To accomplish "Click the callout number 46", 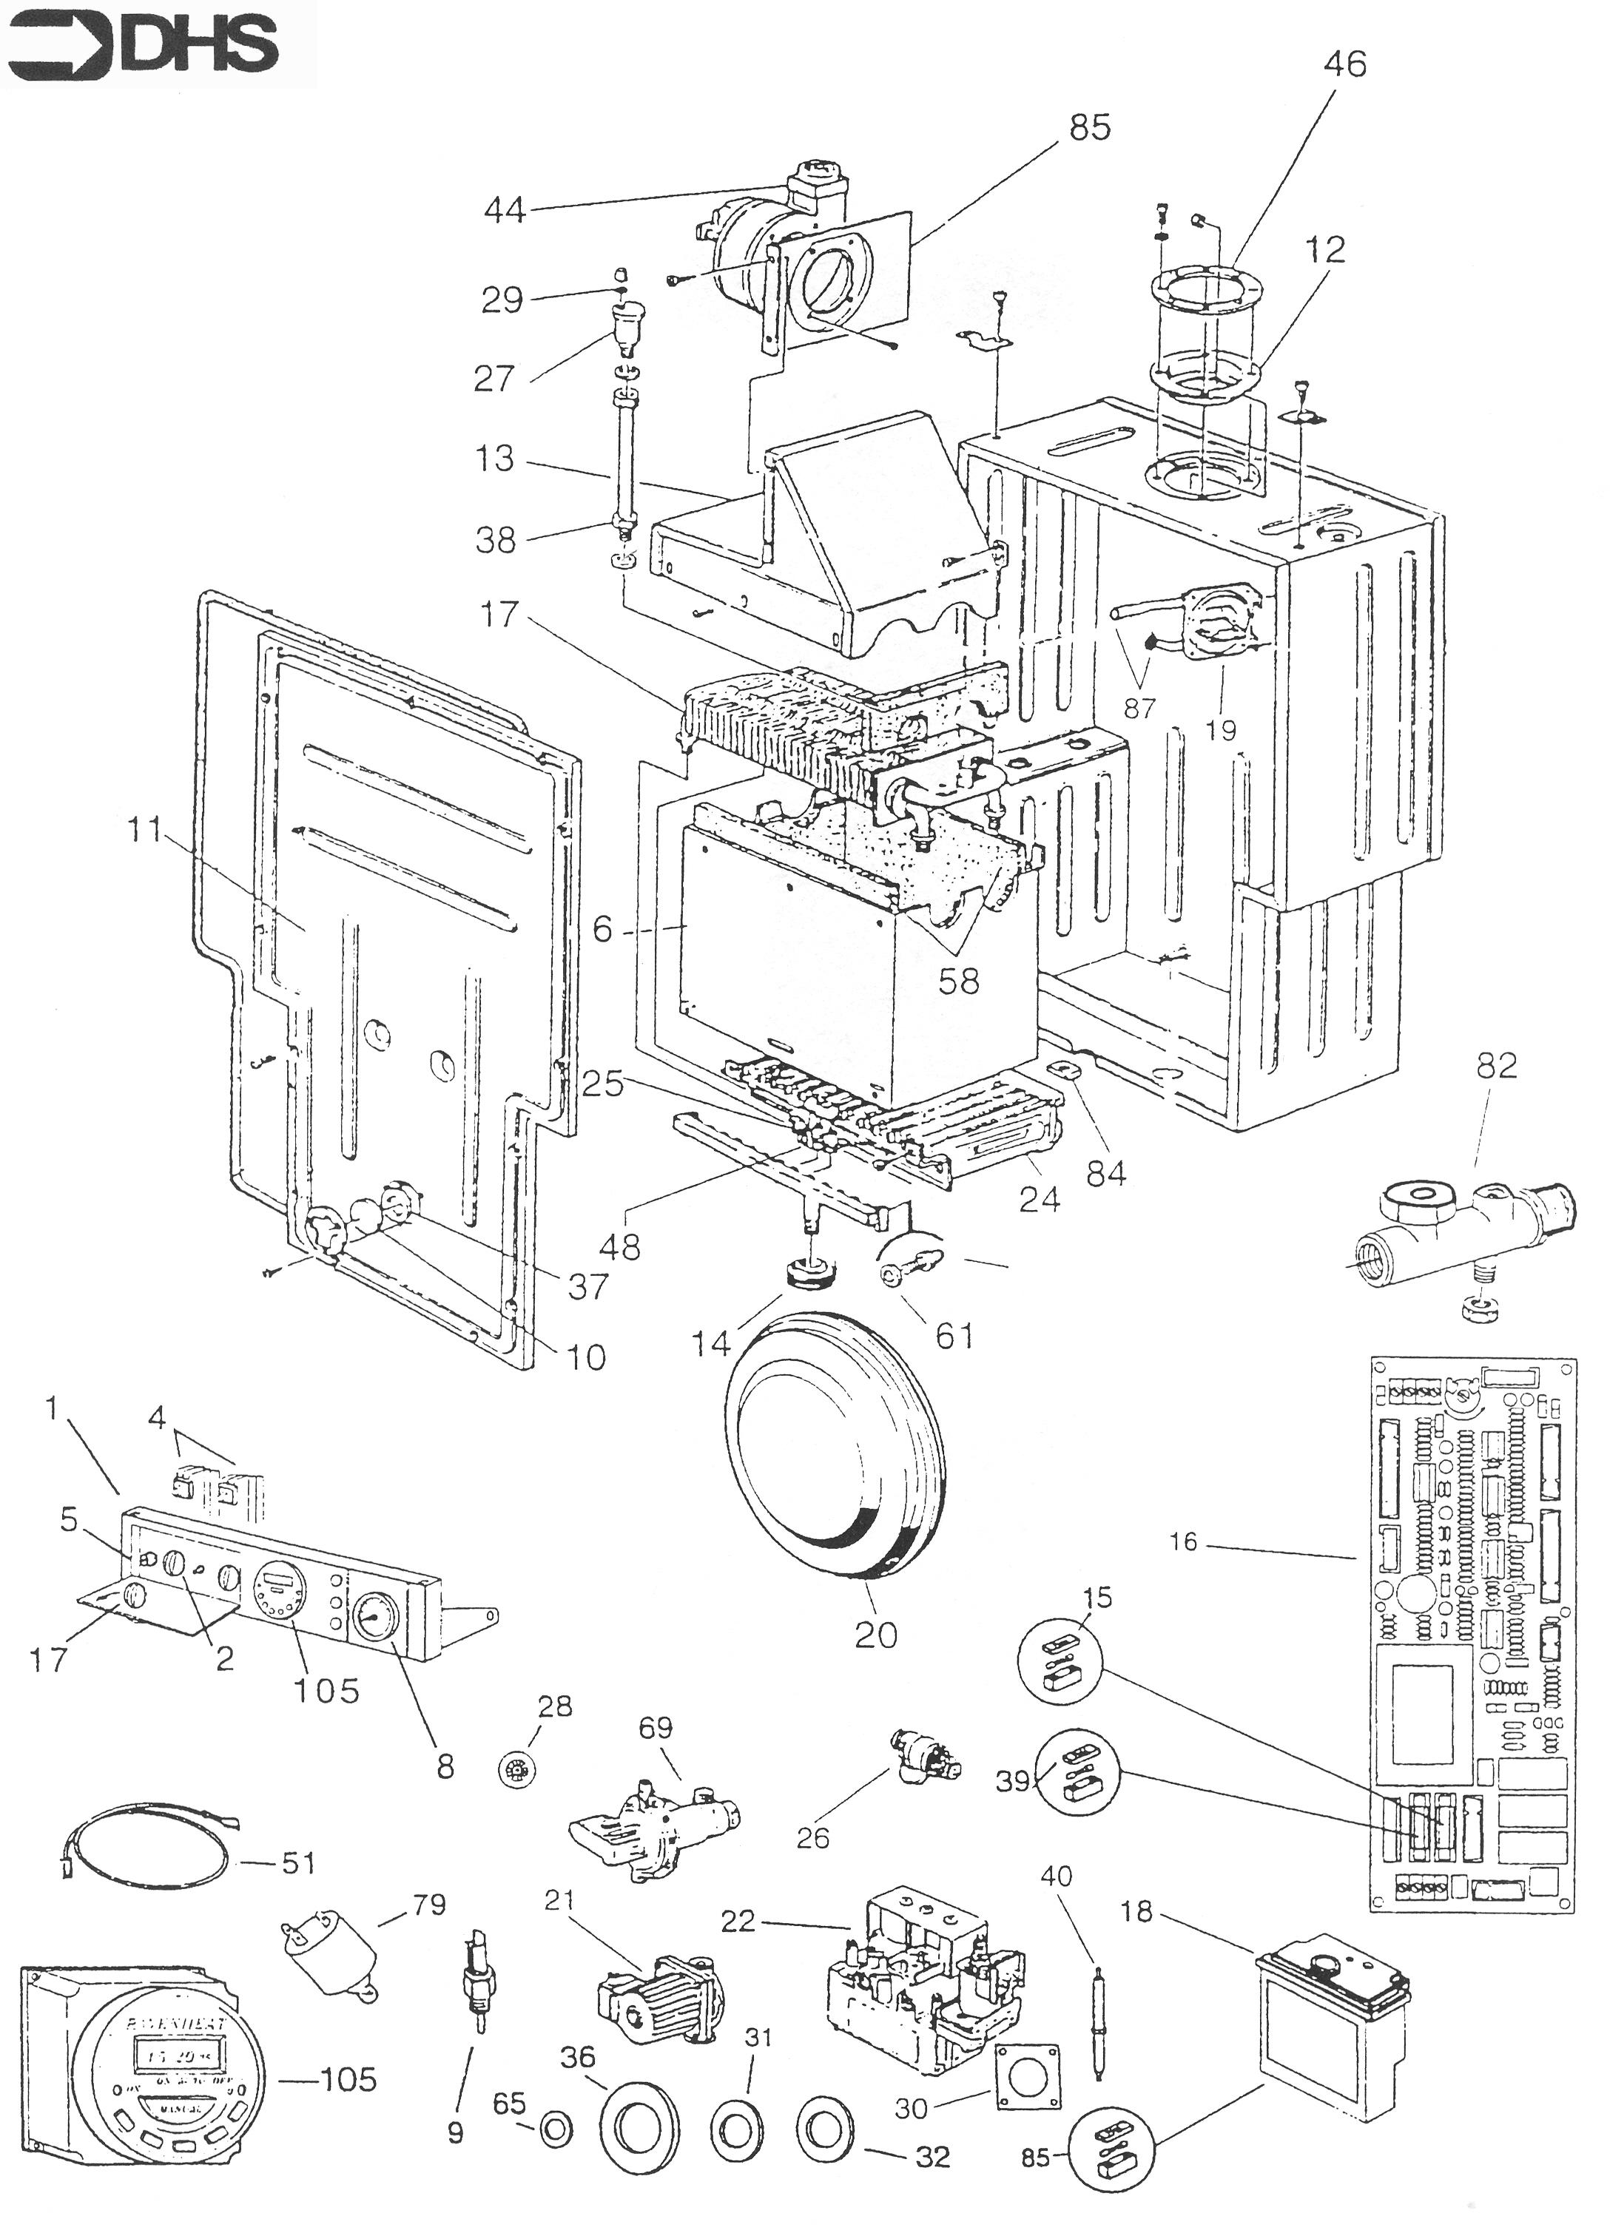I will click(1344, 64).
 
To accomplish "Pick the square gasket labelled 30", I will click(1030, 2070).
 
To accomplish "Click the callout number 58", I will click(958, 982).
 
